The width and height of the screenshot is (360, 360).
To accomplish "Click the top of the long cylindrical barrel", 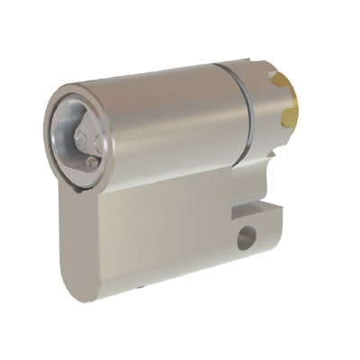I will [144, 85].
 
